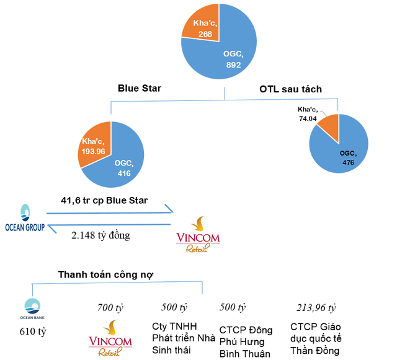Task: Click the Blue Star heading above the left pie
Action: tap(140, 88)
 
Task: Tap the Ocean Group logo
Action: tap(25, 219)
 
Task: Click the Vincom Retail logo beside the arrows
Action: tap(197, 234)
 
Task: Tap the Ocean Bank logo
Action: tap(32, 307)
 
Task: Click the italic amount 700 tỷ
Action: tap(110, 307)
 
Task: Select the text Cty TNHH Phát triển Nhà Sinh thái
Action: tap(183, 338)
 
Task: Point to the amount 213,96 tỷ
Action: tap(315, 307)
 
